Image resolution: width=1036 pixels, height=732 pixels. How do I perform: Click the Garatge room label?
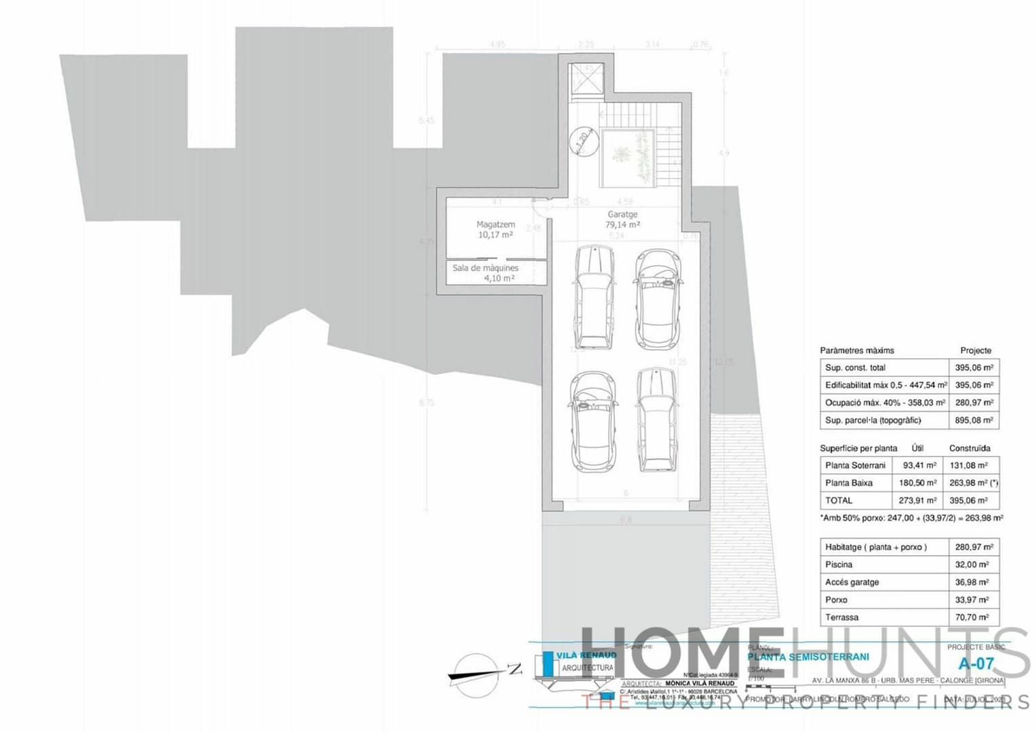click(622, 214)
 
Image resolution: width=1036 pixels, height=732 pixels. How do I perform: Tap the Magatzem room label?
click(496, 224)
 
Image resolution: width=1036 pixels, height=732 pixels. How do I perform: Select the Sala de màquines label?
click(485, 268)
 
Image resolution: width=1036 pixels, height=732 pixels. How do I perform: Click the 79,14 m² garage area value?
click(622, 225)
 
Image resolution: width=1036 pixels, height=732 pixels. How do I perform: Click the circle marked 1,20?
click(582, 141)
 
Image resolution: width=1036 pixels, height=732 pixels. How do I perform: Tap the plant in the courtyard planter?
click(620, 155)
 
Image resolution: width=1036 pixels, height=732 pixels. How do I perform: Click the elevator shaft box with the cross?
click(585, 81)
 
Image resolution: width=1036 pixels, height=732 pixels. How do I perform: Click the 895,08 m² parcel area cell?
click(974, 420)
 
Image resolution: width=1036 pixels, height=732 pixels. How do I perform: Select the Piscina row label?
click(839, 565)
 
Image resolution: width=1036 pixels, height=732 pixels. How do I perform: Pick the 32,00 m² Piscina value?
click(974, 565)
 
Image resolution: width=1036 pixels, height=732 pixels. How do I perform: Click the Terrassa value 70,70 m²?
click(974, 617)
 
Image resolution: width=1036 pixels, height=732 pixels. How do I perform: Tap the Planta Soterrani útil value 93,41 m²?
click(919, 466)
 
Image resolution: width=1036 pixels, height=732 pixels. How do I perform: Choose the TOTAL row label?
click(839, 501)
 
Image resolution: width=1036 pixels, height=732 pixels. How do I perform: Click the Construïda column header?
click(970, 449)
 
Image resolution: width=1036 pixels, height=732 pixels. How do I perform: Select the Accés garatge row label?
click(852, 582)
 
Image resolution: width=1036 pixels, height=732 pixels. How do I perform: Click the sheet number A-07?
click(976, 663)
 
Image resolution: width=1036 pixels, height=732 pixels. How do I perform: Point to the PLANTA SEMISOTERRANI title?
click(808, 657)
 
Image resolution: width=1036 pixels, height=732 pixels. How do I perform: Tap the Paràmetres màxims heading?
click(856, 351)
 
